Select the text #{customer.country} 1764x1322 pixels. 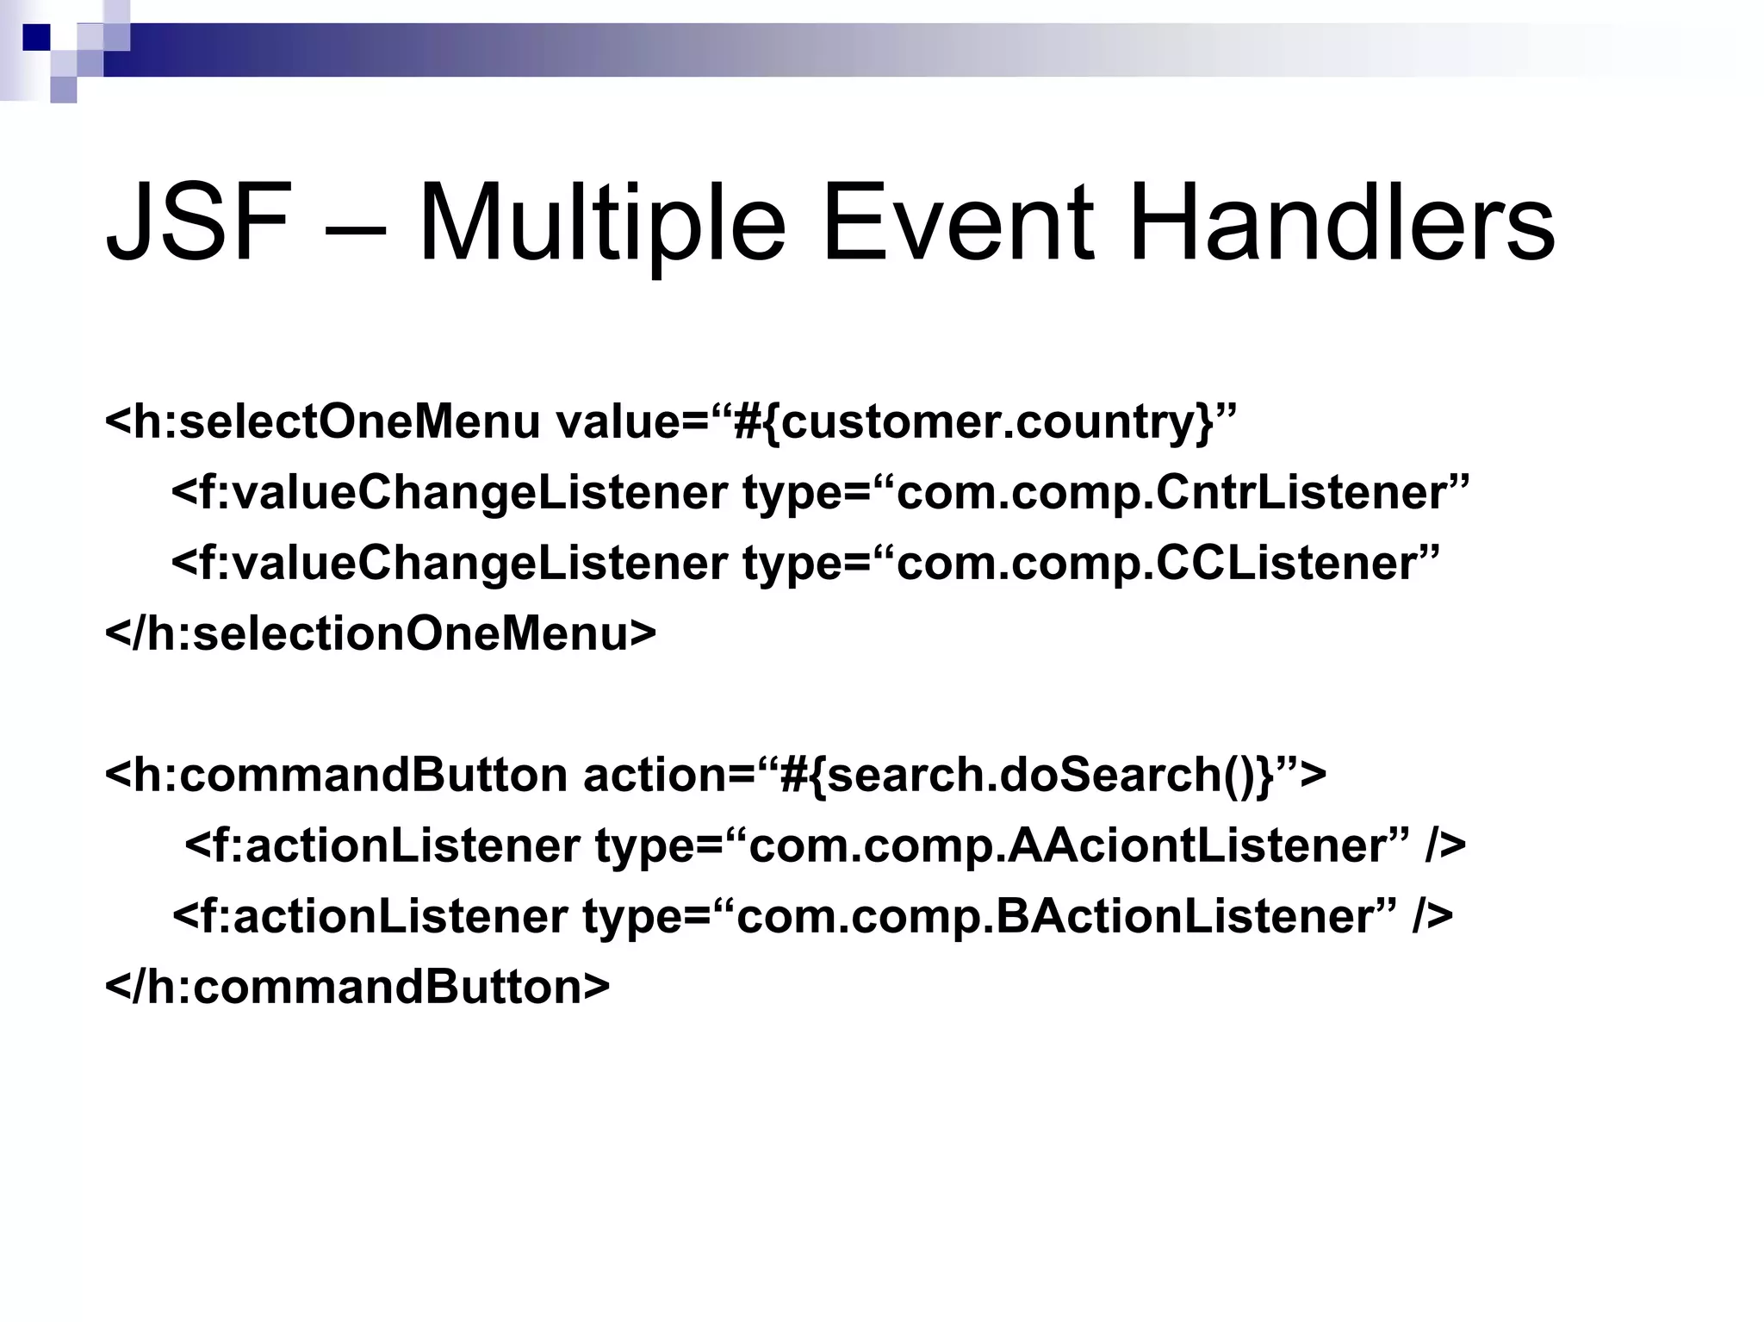(973, 422)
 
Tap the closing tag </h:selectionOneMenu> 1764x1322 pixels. (380, 633)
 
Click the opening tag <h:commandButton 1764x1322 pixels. (336, 775)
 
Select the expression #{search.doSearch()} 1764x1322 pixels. (1025, 775)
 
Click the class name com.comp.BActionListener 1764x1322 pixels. (1056, 916)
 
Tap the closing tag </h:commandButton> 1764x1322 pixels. (357, 987)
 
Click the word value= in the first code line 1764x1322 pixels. (632, 422)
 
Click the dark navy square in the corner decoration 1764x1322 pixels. (36, 37)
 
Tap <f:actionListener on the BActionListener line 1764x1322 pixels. (370, 916)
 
